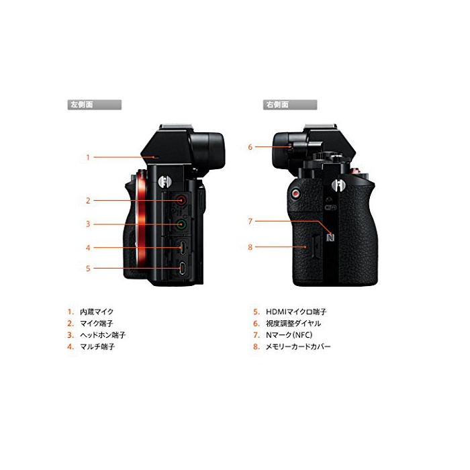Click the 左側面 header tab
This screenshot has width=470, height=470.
point(95,105)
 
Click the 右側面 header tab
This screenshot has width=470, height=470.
point(290,105)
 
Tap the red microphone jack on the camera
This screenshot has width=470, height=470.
point(181,200)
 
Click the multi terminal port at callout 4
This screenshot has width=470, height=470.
point(182,248)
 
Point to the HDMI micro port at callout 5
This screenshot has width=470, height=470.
point(182,268)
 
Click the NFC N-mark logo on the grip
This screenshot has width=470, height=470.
point(330,237)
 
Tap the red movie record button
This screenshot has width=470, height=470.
point(296,194)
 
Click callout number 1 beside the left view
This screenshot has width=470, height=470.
point(88,157)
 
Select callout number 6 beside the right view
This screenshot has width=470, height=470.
point(250,147)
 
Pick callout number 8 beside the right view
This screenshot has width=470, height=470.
point(250,247)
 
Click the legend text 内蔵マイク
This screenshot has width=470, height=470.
point(97,312)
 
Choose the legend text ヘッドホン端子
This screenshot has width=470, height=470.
point(103,335)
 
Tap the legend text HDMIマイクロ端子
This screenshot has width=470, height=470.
point(296,312)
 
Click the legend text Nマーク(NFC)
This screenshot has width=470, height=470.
point(289,335)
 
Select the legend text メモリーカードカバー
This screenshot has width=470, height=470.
point(298,347)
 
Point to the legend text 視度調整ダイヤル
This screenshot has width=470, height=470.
point(293,324)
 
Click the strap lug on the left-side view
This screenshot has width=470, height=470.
point(164,181)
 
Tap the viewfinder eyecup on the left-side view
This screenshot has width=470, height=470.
point(207,150)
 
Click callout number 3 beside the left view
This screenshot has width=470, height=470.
point(88,224)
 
